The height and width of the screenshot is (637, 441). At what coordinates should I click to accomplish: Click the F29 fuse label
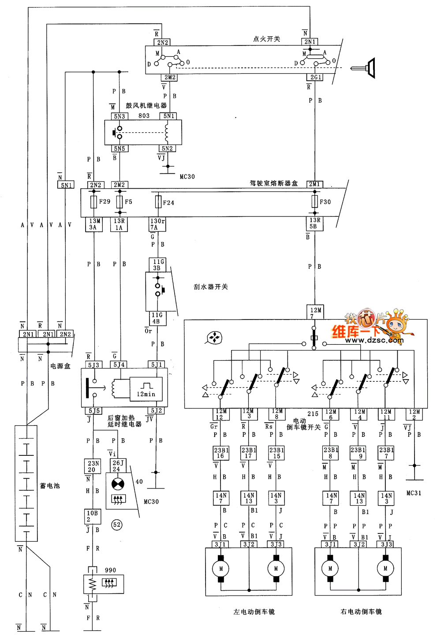click(x=105, y=202)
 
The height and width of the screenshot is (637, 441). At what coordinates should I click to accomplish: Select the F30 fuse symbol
click(x=314, y=201)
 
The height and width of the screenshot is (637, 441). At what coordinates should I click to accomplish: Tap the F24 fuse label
click(x=168, y=203)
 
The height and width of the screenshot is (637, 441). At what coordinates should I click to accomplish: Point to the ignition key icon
click(x=363, y=68)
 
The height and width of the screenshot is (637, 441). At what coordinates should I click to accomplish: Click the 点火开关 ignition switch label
click(x=266, y=39)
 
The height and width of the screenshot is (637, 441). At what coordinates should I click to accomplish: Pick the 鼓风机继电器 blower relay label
click(x=146, y=106)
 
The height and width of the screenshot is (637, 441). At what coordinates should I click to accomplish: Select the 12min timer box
click(x=146, y=389)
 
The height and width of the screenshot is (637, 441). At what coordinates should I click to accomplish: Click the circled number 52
click(x=116, y=525)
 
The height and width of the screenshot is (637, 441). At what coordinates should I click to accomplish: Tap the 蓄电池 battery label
click(x=50, y=486)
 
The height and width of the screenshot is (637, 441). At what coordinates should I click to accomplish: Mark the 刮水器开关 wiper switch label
click(x=211, y=287)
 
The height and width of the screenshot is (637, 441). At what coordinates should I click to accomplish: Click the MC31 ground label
click(x=414, y=493)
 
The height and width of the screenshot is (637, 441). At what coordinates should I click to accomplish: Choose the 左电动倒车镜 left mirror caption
click(x=254, y=612)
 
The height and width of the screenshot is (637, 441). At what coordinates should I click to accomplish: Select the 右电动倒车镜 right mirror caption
click(x=361, y=612)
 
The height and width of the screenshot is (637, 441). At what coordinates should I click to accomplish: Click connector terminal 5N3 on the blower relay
click(x=119, y=116)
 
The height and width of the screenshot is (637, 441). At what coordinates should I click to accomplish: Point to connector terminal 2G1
click(x=315, y=77)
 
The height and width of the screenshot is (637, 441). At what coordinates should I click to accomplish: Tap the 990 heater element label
click(x=110, y=570)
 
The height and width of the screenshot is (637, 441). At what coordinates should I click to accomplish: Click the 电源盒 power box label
click(x=60, y=366)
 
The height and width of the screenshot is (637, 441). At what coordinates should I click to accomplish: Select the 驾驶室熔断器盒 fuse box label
click(x=273, y=183)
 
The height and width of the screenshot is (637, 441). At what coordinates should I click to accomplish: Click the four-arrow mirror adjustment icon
click(x=214, y=338)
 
